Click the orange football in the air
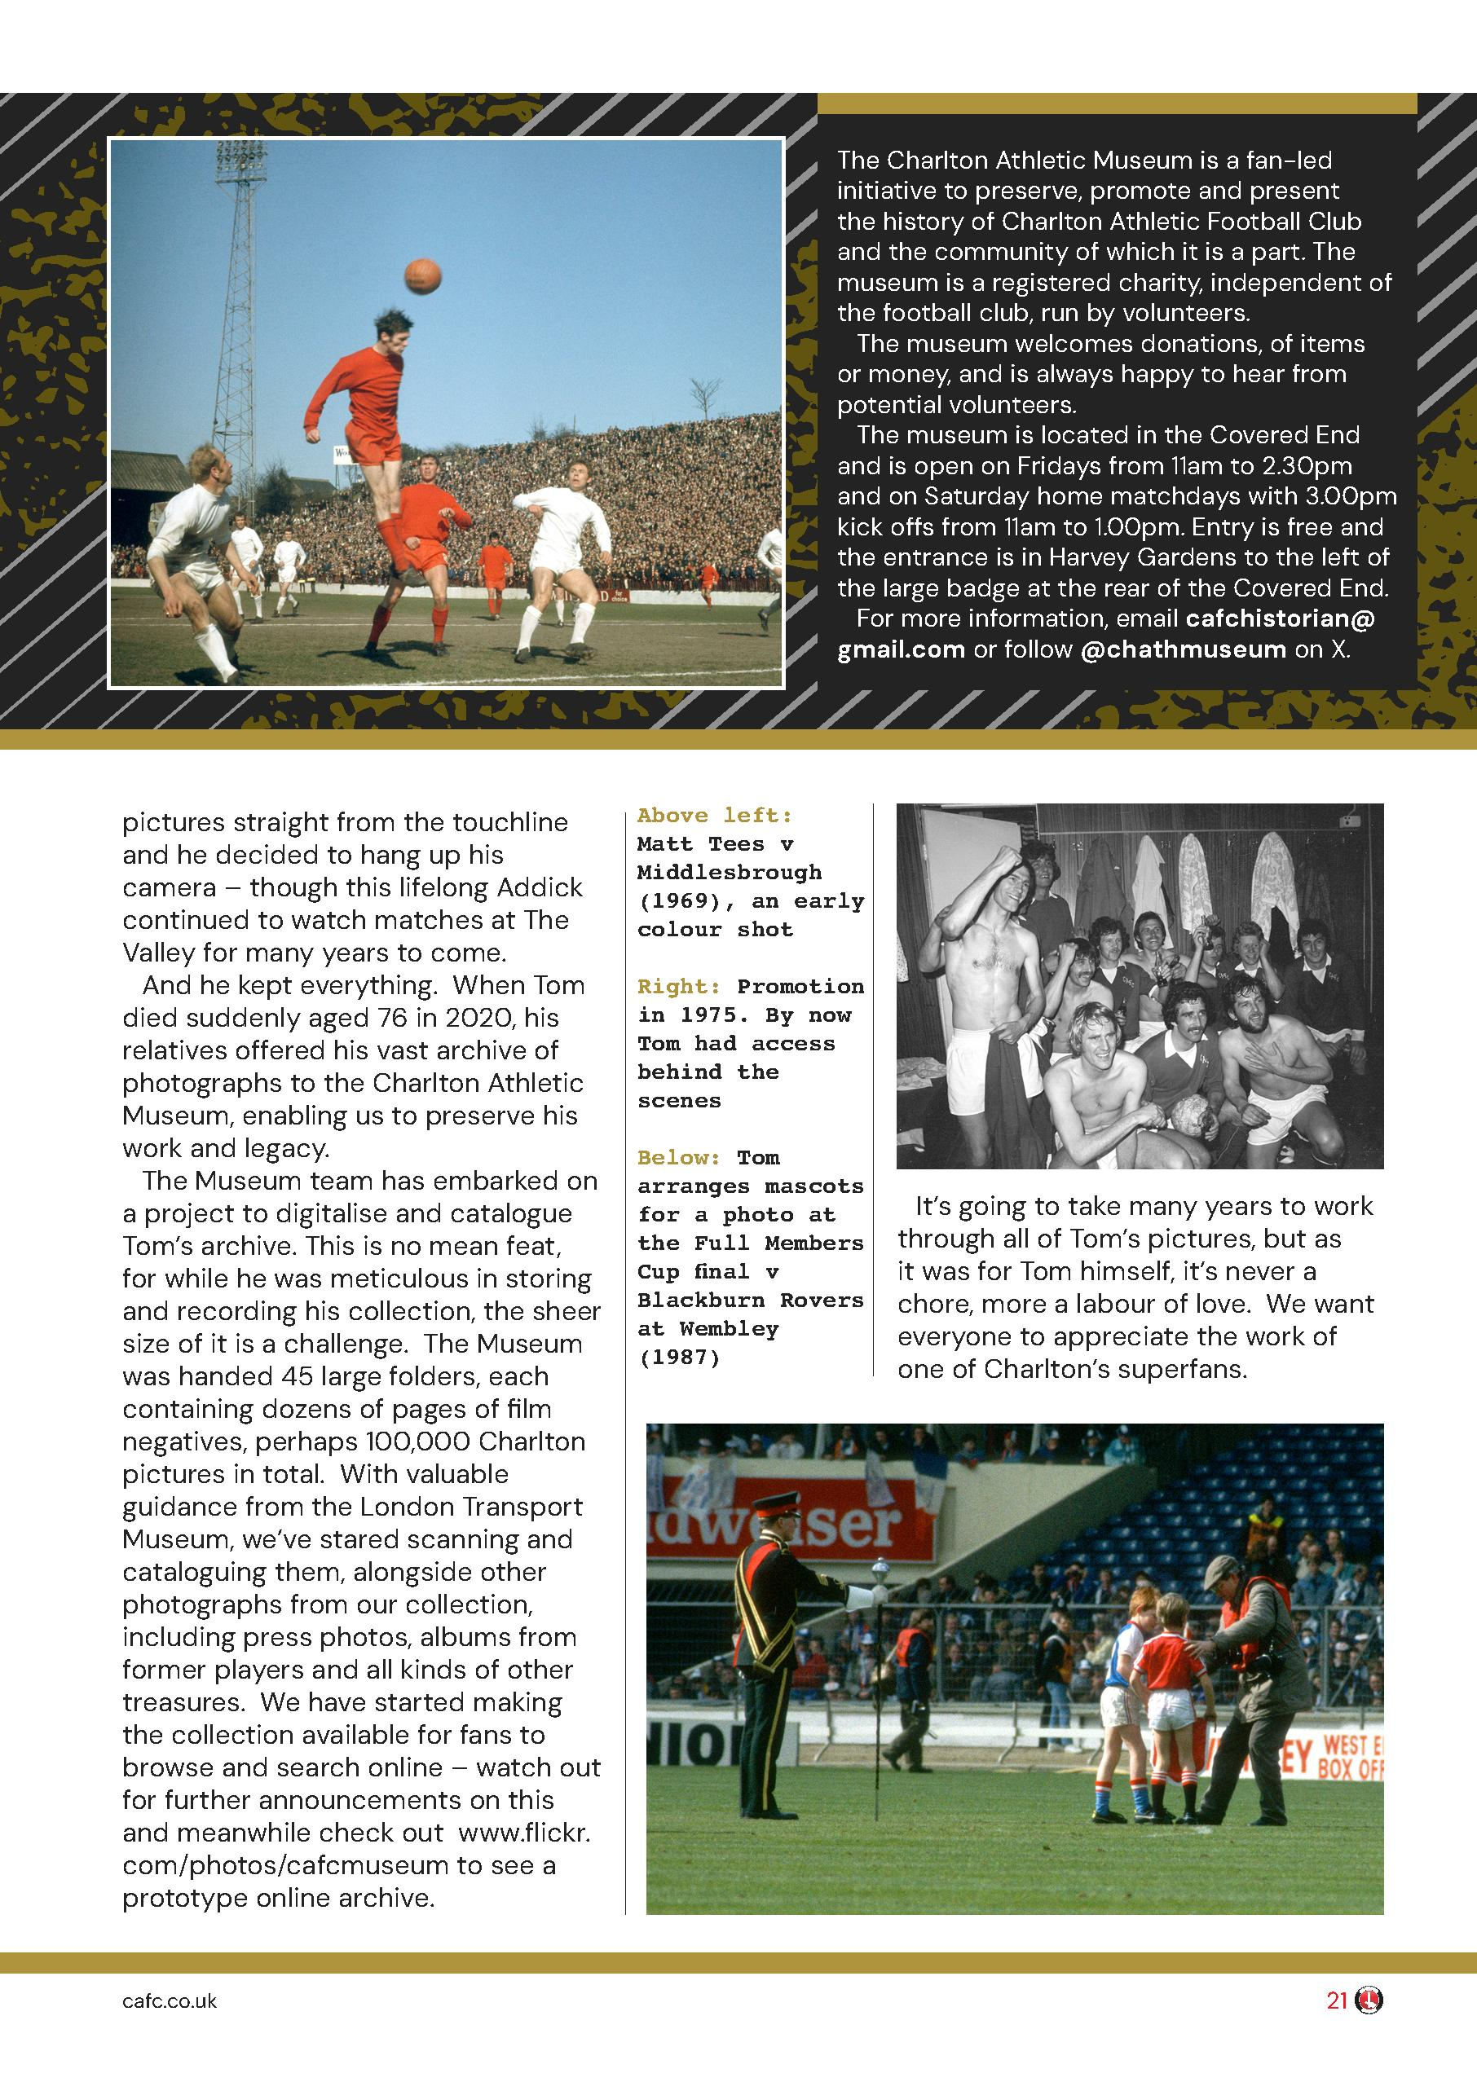[421, 275]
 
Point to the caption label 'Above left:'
[714, 816]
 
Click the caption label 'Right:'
[678, 987]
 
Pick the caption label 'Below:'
[678, 1157]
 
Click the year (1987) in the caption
[678, 1358]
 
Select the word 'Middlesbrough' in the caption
[729, 873]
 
